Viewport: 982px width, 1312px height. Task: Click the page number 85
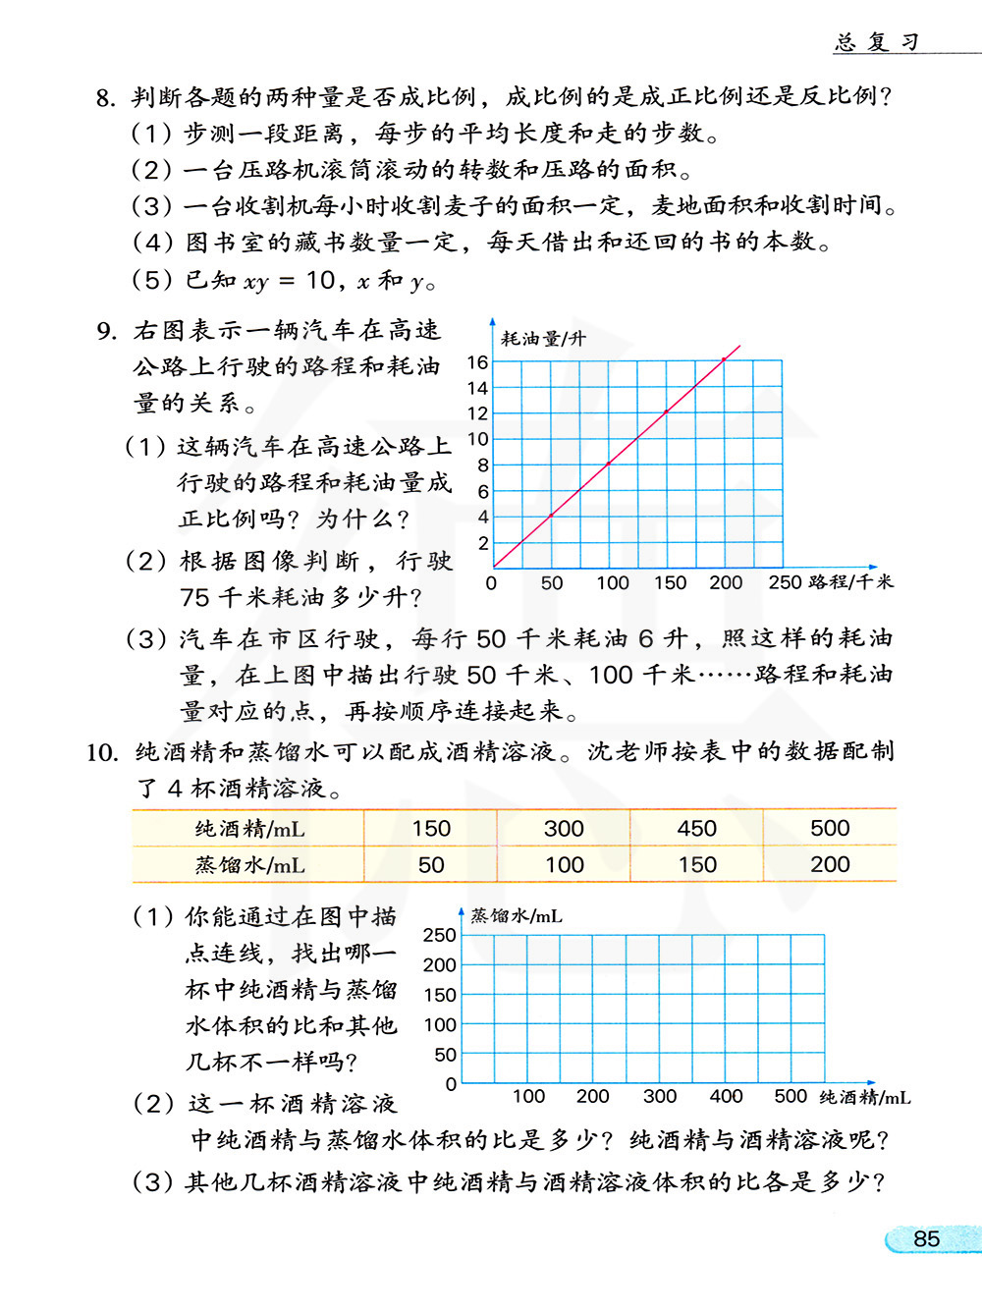[926, 1238]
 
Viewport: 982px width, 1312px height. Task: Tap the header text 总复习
[876, 41]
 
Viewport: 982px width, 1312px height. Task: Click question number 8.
[106, 97]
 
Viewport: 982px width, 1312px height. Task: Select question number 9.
[107, 331]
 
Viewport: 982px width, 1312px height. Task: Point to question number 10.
[101, 753]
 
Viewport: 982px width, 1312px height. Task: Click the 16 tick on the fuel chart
[477, 362]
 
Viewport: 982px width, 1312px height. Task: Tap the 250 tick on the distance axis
[785, 582]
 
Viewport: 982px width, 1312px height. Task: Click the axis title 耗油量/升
[543, 339]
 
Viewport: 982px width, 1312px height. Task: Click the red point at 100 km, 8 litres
[609, 463]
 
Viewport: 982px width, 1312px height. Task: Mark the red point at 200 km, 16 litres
[725, 359]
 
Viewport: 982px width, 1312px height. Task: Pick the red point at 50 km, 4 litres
[551, 515]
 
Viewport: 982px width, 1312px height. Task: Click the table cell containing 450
[696, 828]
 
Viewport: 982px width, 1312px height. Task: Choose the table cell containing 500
[830, 828]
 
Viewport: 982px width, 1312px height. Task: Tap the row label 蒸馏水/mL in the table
[249, 865]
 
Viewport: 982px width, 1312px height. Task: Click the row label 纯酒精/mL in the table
[249, 829]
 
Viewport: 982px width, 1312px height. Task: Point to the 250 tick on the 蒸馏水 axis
[439, 935]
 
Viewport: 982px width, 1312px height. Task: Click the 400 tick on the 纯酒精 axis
[726, 1096]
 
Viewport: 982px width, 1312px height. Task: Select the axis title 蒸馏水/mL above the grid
[517, 916]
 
